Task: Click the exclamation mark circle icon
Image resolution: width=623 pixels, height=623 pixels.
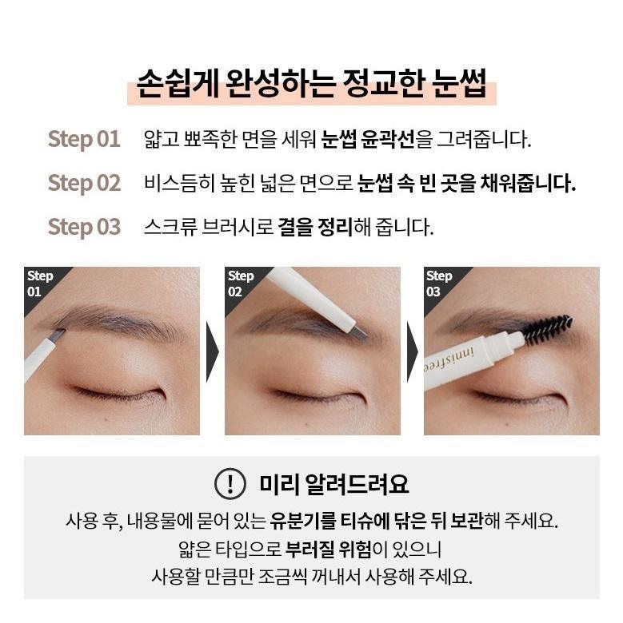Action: (x=230, y=483)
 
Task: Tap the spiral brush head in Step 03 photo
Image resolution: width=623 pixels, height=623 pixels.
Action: (x=549, y=328)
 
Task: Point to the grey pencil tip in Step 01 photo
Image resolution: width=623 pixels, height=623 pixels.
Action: (x=57, y=334)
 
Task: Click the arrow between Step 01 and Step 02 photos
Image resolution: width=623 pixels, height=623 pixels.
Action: (x=213, y=352)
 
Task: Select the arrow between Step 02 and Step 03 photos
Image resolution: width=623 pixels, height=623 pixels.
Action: (x=413, y=352)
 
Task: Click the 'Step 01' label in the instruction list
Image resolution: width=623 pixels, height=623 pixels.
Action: (x=84, y=139)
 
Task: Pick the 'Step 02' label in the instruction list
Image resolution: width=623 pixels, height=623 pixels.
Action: (x=84, y=183)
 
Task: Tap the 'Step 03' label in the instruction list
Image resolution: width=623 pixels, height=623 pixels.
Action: (x=84, y=228)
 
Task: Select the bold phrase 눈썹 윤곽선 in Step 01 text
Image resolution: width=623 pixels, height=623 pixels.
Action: (x=368, y=139)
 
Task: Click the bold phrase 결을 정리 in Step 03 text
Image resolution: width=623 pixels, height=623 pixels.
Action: (x=315, y=227)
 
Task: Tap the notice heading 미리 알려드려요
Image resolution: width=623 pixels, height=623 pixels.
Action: (x=333, y=484)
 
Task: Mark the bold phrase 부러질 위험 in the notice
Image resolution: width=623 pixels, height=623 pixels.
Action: (x=328, y=549)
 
